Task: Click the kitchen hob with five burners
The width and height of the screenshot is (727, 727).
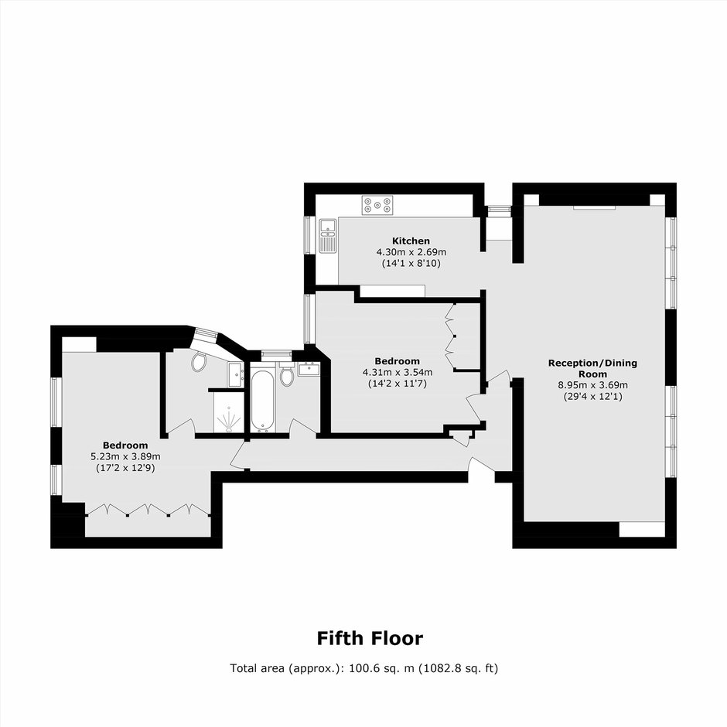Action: click(378, 204)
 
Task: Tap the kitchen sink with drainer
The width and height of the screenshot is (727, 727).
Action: click(328, 236)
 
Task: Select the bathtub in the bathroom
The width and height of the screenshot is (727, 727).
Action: click(262, 401)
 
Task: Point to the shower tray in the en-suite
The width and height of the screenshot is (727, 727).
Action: click(229, 413)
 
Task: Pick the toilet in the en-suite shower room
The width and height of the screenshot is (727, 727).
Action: click(199, 361)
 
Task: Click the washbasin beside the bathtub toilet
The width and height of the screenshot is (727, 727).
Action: click(309, 369)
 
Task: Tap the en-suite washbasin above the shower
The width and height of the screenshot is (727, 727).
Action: click(236, 374)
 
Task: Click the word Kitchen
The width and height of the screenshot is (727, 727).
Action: click(411, 241)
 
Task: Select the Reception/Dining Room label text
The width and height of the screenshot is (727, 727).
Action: click(592, 368)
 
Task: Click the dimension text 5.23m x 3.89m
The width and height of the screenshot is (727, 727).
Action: click(125, 456)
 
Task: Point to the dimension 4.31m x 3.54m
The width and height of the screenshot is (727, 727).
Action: click(398, 372)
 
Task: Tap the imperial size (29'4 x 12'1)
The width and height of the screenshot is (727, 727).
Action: click(592, 397)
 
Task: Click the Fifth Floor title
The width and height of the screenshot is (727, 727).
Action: click(370, 638)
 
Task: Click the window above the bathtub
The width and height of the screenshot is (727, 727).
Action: click(276, 355)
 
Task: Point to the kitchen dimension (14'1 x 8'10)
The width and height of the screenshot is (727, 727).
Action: click(411, 264)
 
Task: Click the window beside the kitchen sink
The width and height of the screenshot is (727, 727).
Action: click(309, 234)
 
